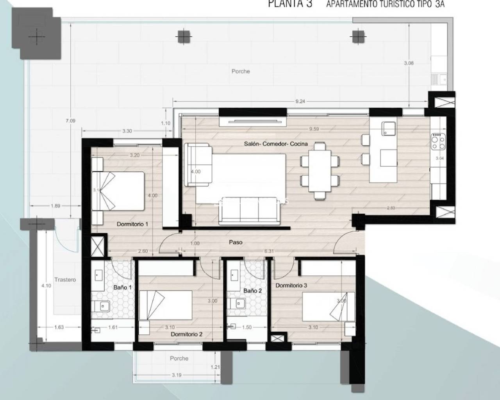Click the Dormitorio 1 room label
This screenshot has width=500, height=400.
[x=132, y=224]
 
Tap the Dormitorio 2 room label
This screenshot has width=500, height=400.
[x=186, y=334]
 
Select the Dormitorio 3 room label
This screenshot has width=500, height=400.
[x=291, y=286]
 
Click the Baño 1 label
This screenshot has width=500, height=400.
[x=122, y=287]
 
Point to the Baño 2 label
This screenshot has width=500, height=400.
[x=252, y=291]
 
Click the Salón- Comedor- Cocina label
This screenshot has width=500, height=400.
[x=276, y=144]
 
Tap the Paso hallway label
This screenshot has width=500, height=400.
[x=236, y=242]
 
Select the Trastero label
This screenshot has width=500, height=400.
[x=65, y=280]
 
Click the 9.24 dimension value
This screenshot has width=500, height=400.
[x=300, y=102]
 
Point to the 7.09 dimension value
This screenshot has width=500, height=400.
[x=70, y=121]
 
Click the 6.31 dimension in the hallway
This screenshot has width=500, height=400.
[x=269, y=251]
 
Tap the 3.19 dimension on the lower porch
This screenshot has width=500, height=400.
[x=177, y=375]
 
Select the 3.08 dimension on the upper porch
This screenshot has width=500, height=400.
[x=409, y=63]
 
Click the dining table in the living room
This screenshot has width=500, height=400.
[x=320, y=171]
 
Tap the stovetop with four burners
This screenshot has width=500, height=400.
[x=438, y=141]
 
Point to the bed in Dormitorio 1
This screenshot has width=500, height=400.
[x=119, y=191]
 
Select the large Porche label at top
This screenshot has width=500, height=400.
[x=240, y=71]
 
